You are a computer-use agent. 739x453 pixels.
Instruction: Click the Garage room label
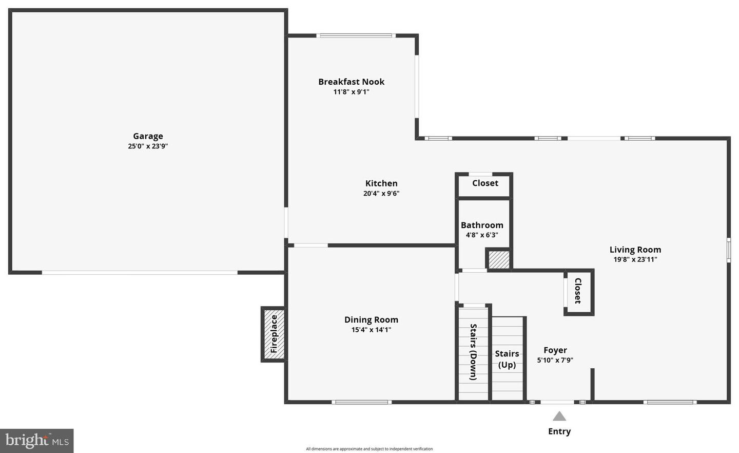[x=148, y=136]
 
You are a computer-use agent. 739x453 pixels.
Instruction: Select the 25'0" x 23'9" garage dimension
[x=148, y=146]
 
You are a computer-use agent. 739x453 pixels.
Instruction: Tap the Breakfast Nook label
[x=351, y=82]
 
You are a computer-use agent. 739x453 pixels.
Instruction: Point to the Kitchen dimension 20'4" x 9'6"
[x=381, y=194]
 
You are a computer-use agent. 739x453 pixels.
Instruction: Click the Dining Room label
[x=371, y=319]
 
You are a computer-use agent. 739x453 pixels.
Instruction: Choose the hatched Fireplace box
[x=274, y=334]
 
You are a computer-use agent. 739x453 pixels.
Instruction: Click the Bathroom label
[x=482, y=225]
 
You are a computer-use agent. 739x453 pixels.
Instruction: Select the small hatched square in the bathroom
[x=498, y=259]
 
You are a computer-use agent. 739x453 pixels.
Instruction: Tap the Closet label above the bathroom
[x=485, y=183]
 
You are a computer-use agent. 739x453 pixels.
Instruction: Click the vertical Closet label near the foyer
[x=578, y=291]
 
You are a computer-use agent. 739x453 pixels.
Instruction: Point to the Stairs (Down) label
[x=473, y=352]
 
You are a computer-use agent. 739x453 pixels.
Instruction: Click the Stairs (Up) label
[x=507, y=359]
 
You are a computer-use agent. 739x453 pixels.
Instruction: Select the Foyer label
[x=555, y=350]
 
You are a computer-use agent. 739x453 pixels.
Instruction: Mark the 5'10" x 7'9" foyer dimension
[x=555, y=360]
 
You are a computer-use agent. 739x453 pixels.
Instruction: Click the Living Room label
[x=635, y=250]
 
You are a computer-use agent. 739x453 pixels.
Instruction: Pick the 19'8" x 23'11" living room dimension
[x=635, y=259]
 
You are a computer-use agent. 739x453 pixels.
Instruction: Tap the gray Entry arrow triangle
[x=559, y=416]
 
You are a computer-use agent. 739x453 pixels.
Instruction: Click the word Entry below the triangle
[x=559, y=431]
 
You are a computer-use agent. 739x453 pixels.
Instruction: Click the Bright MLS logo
[x=37, y=441]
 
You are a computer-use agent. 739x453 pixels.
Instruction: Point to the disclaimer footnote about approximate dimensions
[x=369, y=449]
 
